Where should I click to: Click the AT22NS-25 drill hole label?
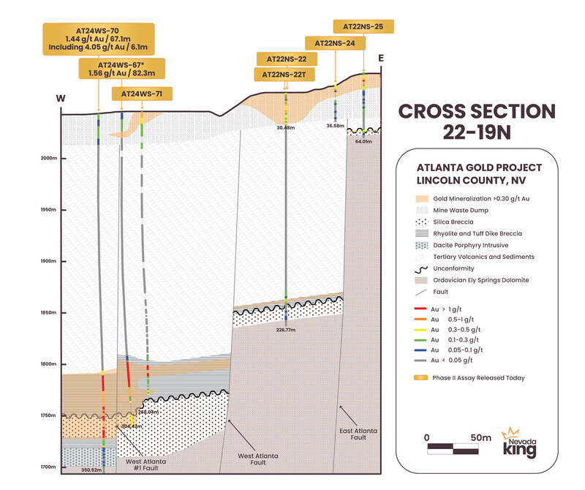click(364, 27)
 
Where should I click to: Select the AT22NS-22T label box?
click(285, 75)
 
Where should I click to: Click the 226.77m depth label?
click(286, 329)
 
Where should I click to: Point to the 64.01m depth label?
click(363, 141)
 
